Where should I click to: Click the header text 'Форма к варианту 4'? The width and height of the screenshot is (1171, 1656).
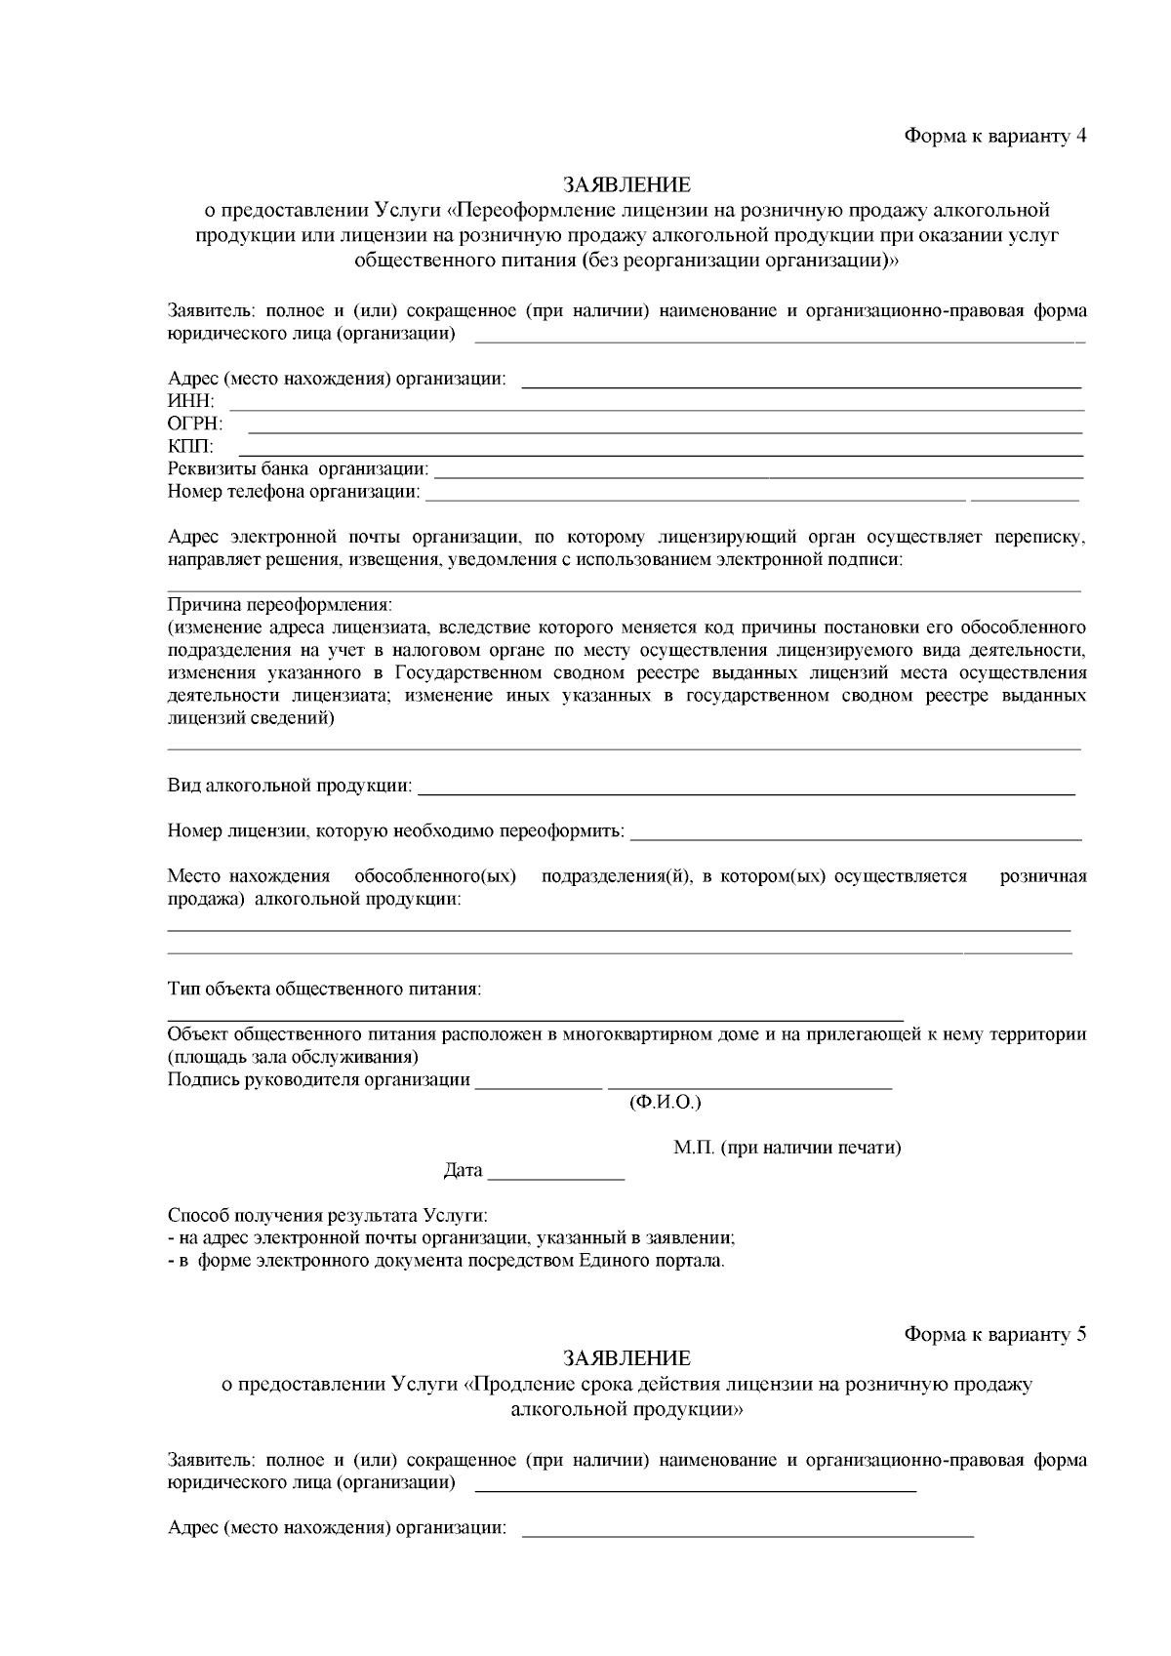coord(994,136)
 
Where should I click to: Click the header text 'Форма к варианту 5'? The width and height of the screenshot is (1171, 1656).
coord(994,1335)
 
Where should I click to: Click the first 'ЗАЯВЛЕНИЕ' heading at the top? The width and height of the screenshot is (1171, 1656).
coord(626,184)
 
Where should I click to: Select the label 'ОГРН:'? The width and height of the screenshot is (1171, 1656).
coord(195,424)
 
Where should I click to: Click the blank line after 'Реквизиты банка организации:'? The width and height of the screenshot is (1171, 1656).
coord(758,474)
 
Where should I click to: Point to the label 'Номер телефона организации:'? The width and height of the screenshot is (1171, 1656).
coord(294,492)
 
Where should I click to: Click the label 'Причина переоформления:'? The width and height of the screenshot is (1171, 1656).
coord(279,605)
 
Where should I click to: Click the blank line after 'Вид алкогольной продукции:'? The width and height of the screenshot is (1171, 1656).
coord(747,790)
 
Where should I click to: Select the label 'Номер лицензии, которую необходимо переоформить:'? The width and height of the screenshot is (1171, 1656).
coord(396,831)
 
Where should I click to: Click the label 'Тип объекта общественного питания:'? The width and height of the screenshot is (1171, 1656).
coord(324,990)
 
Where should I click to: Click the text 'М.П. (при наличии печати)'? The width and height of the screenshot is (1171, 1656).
coord(787,1148)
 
